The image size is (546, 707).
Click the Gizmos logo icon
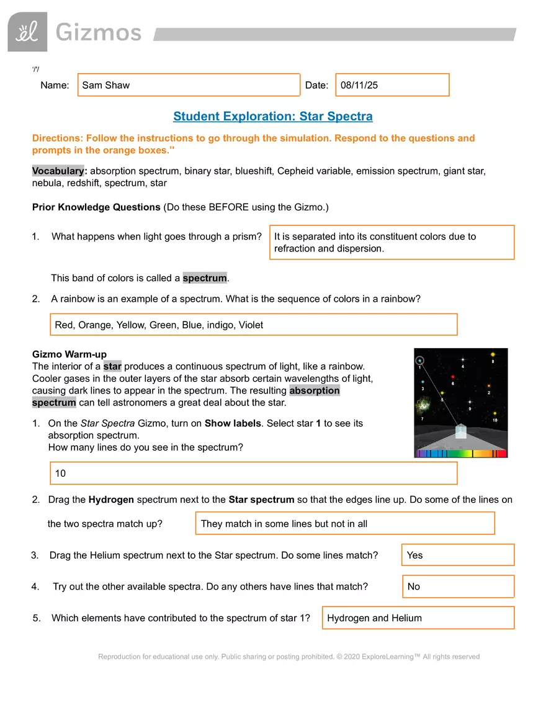pos(27,32)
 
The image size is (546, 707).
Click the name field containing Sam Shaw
pos(189,85)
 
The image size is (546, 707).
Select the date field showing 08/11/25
pos(392,85)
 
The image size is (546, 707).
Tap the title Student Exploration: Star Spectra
pos(273,117)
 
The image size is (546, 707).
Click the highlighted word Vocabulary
pos(59,171)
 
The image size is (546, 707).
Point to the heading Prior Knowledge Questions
pos(96,207)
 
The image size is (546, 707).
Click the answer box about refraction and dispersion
pos(392,242)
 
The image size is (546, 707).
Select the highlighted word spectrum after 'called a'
pos(205,278)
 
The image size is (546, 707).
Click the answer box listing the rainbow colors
pos(253,325)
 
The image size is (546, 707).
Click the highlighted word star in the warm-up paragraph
pos(112,366)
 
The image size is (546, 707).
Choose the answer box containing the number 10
pos(253,473)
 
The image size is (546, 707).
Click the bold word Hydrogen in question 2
pos(111,500)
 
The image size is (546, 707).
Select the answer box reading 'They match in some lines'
pos(345,523)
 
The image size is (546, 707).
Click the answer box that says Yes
pos(458,555)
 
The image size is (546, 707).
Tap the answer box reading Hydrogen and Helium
pos(418,618)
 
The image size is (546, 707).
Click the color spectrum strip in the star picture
pos(461,453)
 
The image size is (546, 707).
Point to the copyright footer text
pos(289,656)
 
